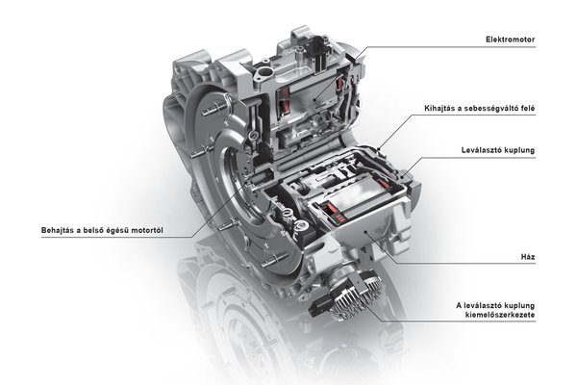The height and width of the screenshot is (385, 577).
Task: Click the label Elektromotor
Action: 510,39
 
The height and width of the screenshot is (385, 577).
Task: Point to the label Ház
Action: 528,257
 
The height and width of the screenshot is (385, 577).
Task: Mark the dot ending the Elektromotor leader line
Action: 315,99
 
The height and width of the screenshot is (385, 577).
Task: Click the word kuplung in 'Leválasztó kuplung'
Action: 519,150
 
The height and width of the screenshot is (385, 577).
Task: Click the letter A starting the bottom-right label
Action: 459,306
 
